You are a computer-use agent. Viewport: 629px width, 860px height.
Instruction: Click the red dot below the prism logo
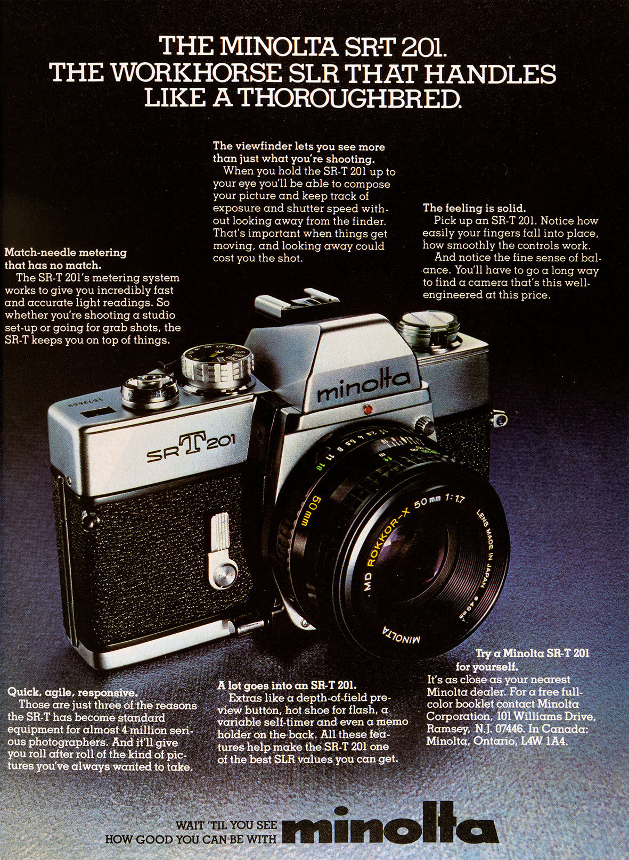coord(367,410)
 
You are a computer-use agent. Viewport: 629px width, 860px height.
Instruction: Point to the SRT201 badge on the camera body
coord(191,445)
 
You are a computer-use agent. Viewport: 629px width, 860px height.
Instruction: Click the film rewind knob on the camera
coord(428,327)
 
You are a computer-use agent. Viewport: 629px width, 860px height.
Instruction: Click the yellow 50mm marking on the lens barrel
coord(307,510)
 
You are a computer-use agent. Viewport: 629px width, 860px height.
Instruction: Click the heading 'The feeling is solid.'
coord(474,209)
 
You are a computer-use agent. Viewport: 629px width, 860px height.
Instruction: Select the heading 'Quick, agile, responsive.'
coord(72,692)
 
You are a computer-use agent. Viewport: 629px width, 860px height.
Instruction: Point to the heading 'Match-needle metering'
coord(66,253)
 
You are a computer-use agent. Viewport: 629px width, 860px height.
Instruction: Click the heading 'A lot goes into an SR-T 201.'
coord(287,685)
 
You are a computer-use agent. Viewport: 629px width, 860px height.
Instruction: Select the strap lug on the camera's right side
coord(500,417)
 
